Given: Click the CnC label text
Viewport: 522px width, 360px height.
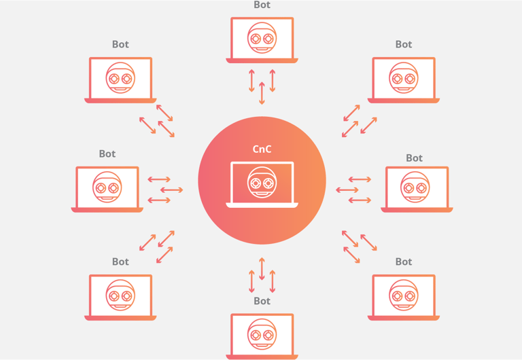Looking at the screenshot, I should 262,149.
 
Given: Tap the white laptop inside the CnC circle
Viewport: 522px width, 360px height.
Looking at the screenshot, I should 262,184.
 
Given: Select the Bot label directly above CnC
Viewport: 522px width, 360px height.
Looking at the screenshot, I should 262,5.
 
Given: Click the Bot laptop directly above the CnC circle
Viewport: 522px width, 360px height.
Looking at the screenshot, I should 262,39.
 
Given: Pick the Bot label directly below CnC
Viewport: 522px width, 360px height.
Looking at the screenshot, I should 262,301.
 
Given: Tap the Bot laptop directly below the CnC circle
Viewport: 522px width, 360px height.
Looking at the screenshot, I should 262,335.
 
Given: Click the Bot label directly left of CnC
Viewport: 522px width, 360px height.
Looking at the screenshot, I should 107,154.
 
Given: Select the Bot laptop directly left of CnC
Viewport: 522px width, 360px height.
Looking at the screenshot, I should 107,188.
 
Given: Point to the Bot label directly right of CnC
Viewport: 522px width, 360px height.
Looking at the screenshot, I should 414,158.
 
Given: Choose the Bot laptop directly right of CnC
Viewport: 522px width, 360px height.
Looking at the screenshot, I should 416,188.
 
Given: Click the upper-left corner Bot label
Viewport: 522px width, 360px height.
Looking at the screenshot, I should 120,45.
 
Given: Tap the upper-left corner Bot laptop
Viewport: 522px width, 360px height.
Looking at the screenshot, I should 120,79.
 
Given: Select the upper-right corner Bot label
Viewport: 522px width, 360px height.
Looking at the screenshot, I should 404,45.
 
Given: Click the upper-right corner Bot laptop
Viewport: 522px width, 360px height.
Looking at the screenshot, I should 404,79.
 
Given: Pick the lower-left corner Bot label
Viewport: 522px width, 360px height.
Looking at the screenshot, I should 120,262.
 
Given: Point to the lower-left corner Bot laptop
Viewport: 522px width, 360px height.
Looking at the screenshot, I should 120,296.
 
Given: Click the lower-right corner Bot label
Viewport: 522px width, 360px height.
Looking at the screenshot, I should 404,262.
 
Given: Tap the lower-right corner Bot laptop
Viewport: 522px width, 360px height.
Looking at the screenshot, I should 404,296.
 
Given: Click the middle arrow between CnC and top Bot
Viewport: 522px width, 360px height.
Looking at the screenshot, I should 262,93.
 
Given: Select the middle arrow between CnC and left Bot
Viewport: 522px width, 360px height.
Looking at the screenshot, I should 171,190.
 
